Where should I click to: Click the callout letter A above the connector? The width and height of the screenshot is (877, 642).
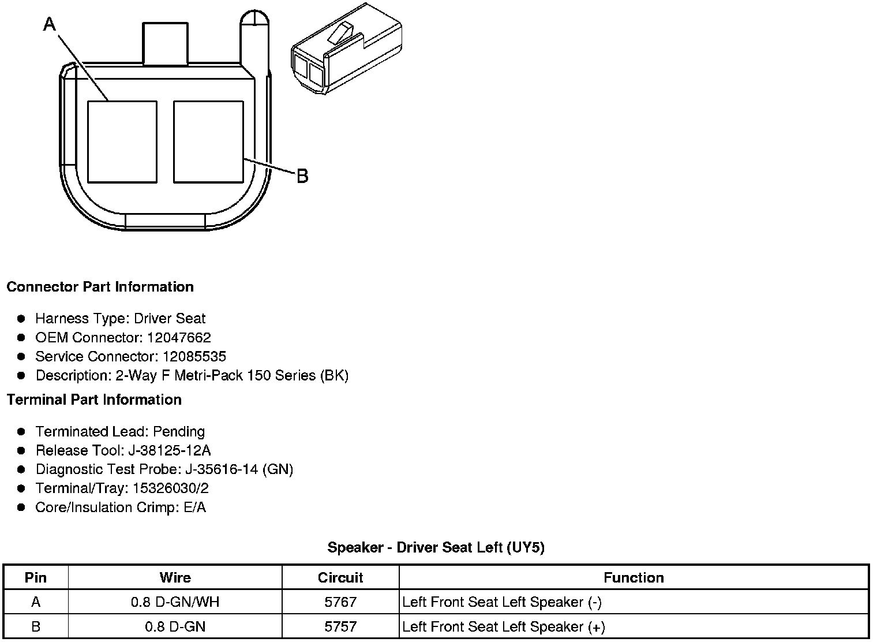click(50, 24)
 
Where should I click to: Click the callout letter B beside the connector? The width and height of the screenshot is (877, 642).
click(302, 176)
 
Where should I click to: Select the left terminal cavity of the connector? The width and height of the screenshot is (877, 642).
click(122, 142)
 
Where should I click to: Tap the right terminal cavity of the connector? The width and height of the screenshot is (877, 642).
click(208, 142)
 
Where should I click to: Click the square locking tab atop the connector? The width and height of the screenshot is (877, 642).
click(165, 43)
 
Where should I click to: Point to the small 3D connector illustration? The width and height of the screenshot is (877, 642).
click(347, 48)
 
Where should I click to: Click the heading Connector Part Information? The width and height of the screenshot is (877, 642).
click(100, 287)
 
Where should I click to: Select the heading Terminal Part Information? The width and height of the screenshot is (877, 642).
click(95, 400)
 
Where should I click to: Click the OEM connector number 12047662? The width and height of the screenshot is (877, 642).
click(179, 337)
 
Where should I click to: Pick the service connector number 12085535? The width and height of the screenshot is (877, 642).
click(194, 356)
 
